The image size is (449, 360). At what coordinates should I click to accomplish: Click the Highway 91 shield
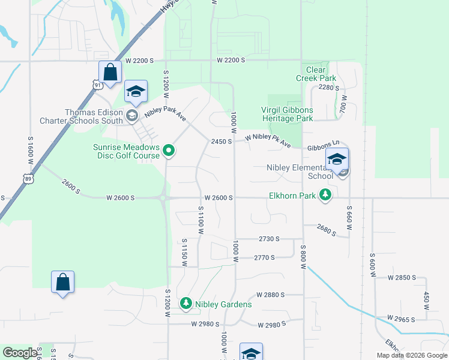coord(98,85)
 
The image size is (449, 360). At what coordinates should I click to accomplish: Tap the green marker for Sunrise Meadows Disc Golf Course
coord(169,151)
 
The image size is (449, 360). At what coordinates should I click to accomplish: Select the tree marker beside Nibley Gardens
coord(186,304)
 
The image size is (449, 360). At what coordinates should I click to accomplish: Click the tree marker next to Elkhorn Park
coord(325,194)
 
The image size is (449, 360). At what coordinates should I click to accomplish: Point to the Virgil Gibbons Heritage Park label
coord(287,114)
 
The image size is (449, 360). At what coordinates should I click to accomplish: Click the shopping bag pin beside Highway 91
coord(110,73)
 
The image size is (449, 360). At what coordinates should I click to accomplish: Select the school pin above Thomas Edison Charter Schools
coord(136,92)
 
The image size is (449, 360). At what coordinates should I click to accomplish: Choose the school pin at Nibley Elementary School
coord(337,160)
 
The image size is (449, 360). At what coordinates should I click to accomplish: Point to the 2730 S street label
coord(270,239)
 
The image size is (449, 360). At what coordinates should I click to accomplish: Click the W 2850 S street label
coord(402,278)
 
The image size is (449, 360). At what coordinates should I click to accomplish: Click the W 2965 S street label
coord(401,319)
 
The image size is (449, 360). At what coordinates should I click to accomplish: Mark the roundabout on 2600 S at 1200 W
coord(163,197)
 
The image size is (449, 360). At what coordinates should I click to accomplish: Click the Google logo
coord(20,353)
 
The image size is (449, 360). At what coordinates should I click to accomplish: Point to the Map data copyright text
coord(411,355)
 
